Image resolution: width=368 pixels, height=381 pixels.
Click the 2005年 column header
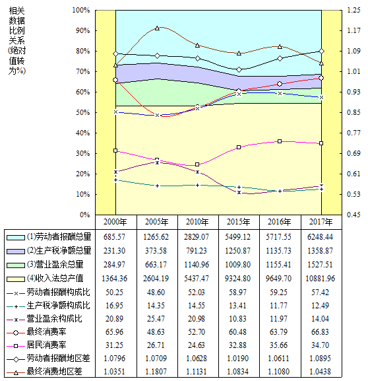point(156,222)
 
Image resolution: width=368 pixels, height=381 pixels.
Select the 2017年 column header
point(321,222)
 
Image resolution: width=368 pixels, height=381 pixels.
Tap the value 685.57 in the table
point(114,237)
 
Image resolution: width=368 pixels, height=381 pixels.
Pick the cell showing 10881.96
point(320,279)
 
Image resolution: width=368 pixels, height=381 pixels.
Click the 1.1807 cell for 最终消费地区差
point(156,372)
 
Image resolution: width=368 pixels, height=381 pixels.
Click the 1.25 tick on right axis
point(353,10)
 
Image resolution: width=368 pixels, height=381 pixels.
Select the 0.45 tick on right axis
point(353,215)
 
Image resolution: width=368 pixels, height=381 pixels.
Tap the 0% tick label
point(84,215)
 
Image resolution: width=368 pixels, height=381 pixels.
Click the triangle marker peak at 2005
point(157,28)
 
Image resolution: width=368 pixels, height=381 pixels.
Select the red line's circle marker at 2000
point(115,80)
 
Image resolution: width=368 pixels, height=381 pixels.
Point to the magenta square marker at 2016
point(280,141)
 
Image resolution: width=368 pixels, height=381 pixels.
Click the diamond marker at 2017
point(321,52)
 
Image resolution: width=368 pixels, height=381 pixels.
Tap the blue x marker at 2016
point(280,93)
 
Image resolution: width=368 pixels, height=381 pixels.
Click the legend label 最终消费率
point(46,331)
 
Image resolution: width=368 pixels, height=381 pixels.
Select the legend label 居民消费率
point(46,345)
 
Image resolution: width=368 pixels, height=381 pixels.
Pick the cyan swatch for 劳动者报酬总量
point(16,238)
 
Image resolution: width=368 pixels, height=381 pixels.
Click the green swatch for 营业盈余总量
point(16,265)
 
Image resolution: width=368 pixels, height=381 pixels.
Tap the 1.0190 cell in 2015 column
point(237,359)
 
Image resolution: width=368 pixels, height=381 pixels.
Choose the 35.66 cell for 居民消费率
point(278,345)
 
